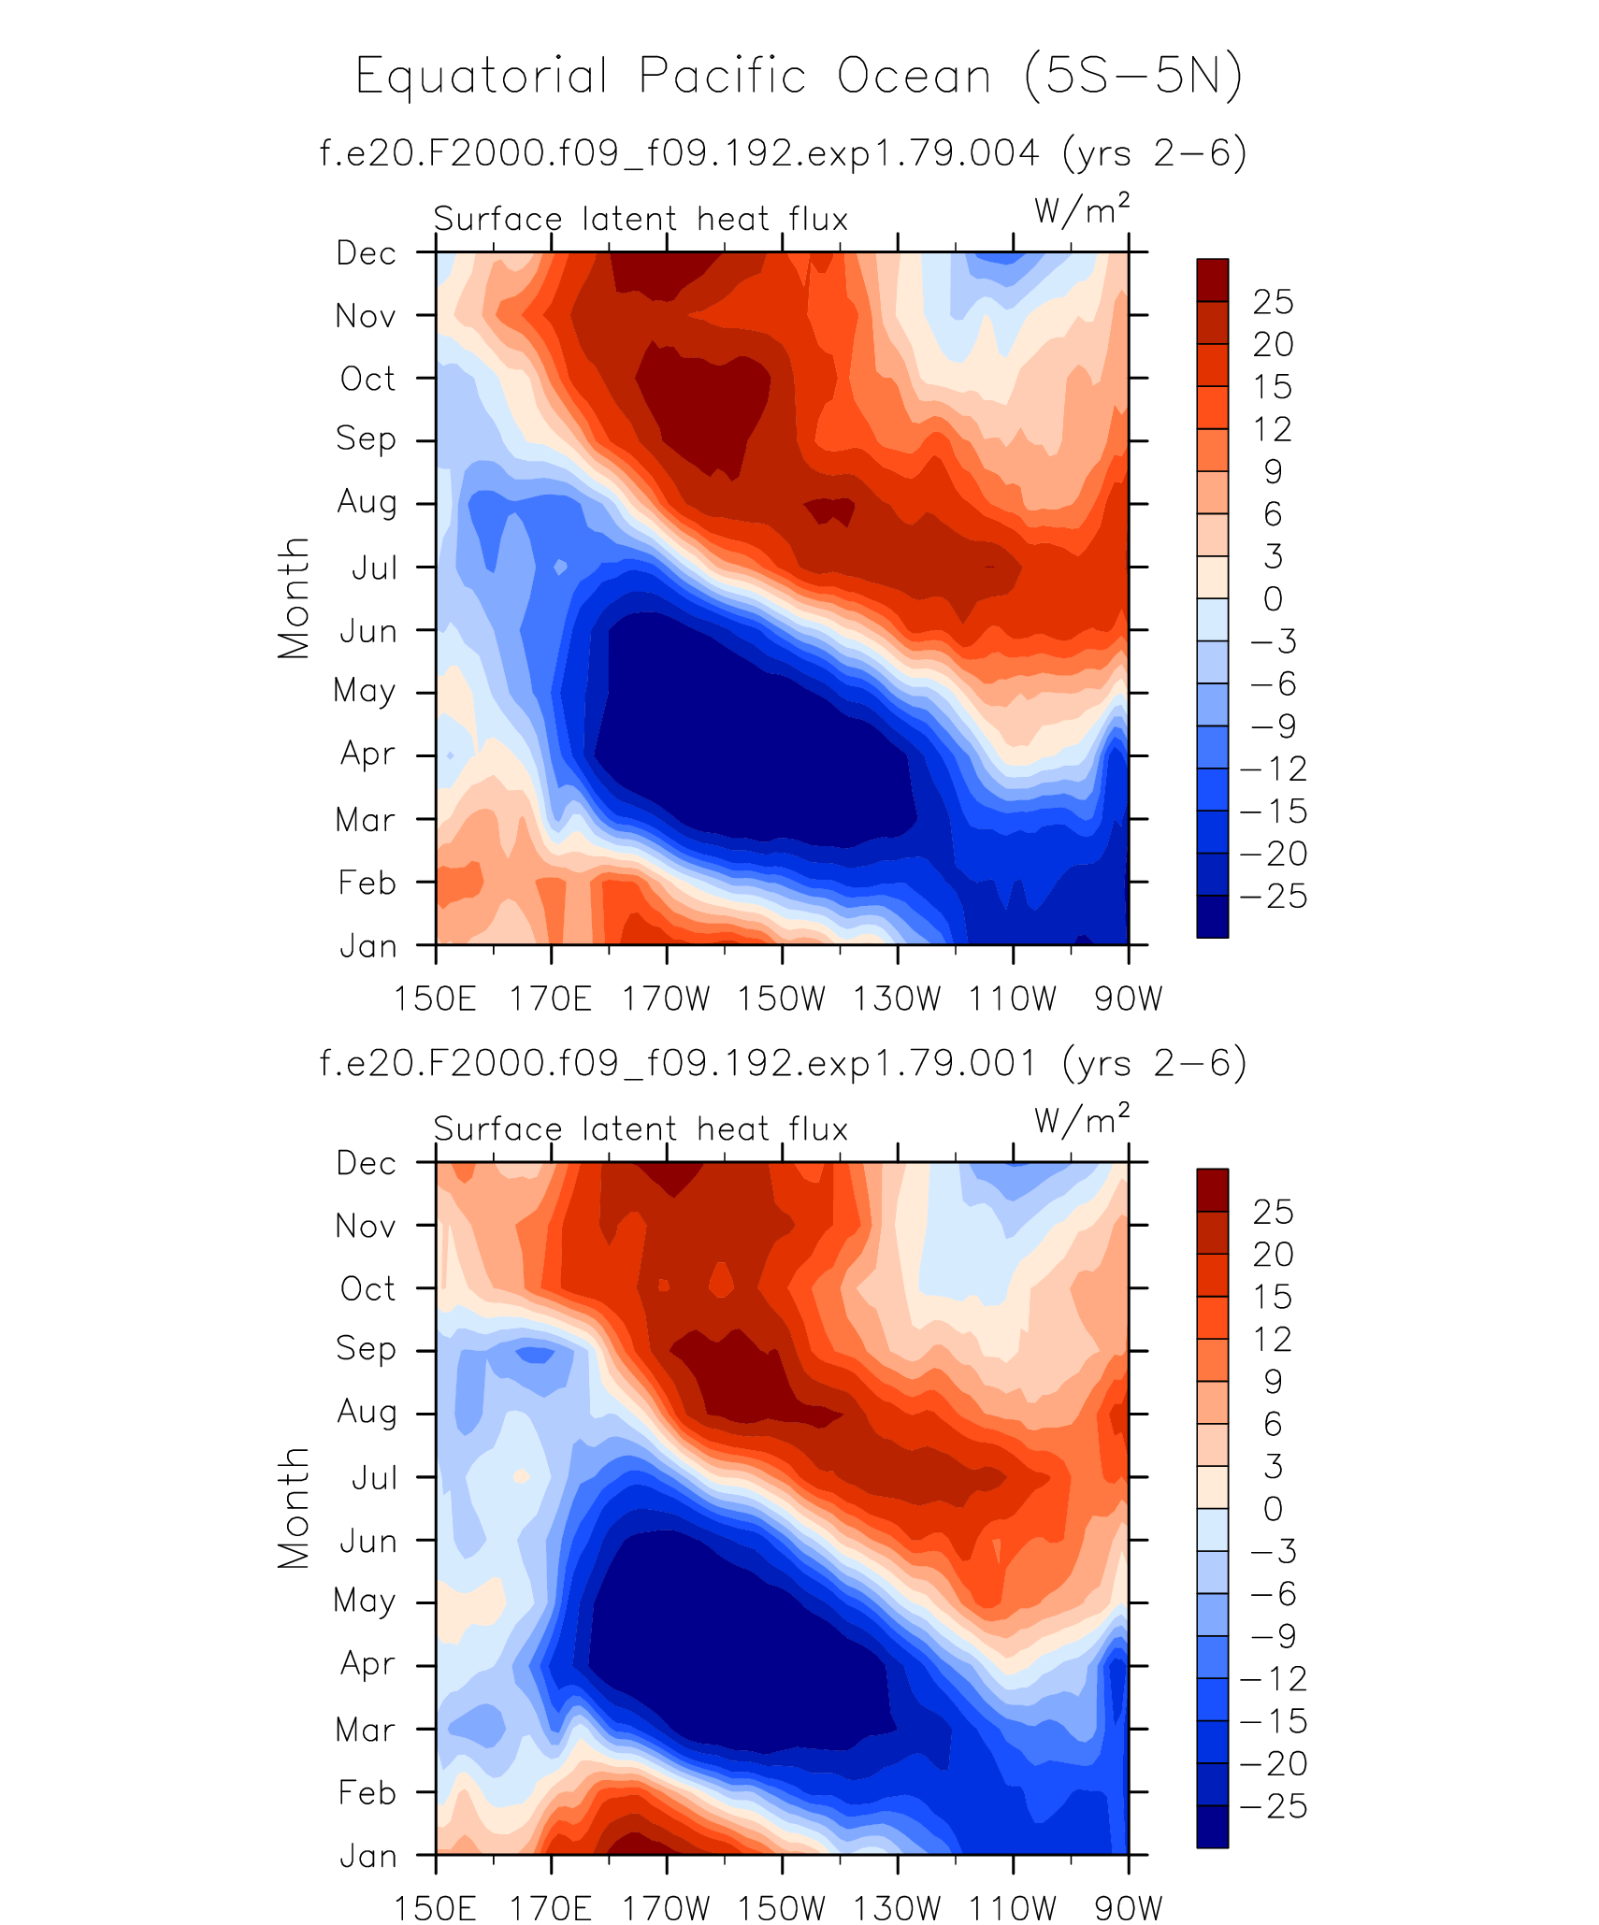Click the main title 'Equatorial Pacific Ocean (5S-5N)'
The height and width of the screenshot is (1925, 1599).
click(x=799, y=77)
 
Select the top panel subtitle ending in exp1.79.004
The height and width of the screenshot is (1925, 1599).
click(x=783, y=152)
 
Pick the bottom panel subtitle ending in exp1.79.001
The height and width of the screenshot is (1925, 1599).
click(x=783, y=1063)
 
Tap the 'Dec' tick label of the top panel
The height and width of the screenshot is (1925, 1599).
click(x=367, y=253)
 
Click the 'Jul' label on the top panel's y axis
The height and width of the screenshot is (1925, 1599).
click(x=374, y=567)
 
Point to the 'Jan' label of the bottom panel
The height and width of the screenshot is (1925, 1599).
click(x=368, y=1856)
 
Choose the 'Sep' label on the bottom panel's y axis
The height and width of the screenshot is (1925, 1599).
click(x=367, y=1348)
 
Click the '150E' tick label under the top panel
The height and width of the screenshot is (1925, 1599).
click(x=435, y=998)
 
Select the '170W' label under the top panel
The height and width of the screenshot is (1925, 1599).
click(x=667, y=998)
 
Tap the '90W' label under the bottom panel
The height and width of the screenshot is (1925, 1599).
click(x=1128, y=1908)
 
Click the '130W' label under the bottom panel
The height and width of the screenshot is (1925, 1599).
click(x=897, y=1908)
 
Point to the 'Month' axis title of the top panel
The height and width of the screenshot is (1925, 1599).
click(x=294, y=598)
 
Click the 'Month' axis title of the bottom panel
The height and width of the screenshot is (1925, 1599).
click(x=294, y=1507)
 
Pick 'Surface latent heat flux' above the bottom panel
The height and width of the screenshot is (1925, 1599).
click(x=641, y=1129)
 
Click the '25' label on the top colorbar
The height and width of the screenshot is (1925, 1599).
click(x=1273, y=302)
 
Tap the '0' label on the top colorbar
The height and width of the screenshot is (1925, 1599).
click(x=1273, y=599)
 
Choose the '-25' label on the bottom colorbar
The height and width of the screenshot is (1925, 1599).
click(x=1273, y=1806)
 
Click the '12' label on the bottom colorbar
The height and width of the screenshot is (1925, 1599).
click(x=1273, y=1340)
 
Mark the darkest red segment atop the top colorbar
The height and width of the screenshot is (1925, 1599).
click(x=1212, y=280)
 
